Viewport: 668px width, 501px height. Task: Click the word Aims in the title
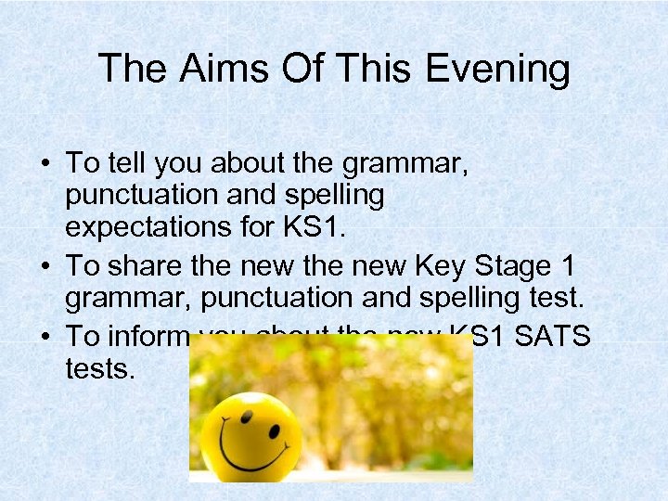point(216,69)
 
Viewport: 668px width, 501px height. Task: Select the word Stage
point(508,267)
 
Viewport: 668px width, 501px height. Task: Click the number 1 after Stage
point(567,266)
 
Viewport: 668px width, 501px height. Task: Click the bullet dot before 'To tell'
point(45,164)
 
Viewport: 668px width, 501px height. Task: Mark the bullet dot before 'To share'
point(45,267)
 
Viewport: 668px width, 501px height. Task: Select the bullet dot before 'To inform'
point(45,337)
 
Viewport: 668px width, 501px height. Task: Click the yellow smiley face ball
point(250,435)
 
